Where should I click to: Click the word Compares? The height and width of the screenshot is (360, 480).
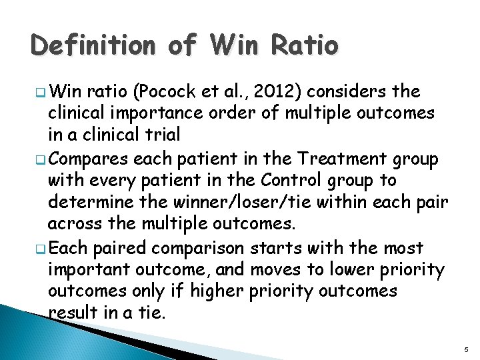(91, 159)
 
